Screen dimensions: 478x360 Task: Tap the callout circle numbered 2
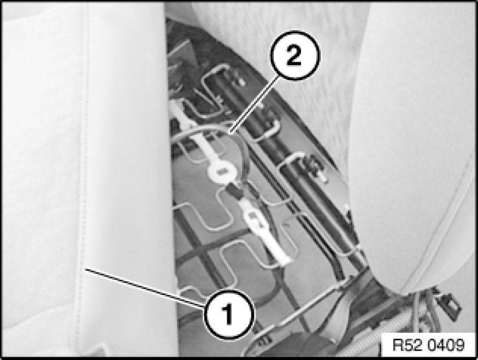(x=294, y=55)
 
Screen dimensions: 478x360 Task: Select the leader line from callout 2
(x=254, y=104)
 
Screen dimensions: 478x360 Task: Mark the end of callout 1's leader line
(x=85, y=268)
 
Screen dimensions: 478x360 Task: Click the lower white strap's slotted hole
(x=256, y=220)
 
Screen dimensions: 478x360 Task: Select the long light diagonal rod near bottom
(x=308, y=305)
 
